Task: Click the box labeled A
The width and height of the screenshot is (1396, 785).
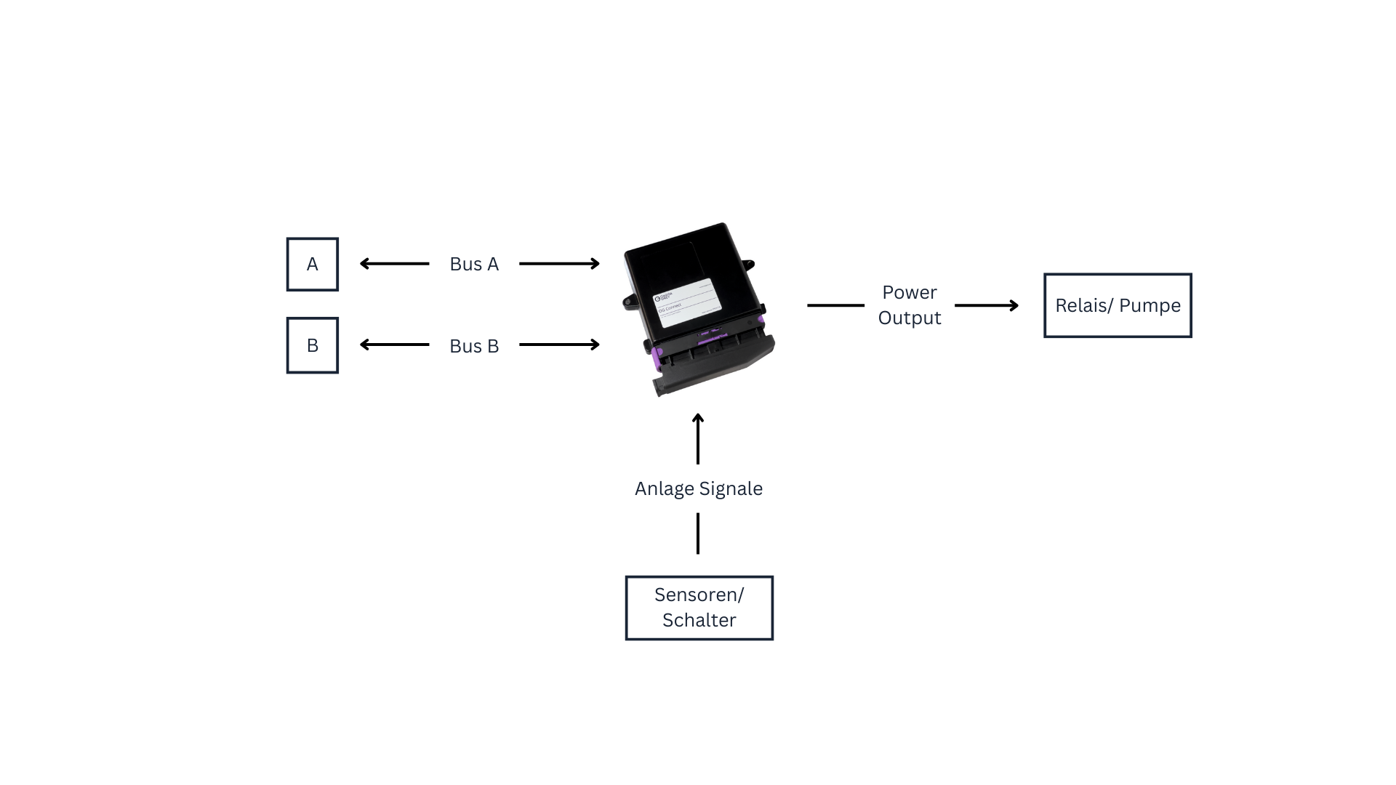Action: point(312,264)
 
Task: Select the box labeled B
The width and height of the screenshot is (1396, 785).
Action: point(312,345)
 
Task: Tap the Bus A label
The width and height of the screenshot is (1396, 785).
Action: point(474,264)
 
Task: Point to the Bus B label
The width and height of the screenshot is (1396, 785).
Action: point(474,346)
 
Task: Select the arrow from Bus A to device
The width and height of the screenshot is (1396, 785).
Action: point(559,264)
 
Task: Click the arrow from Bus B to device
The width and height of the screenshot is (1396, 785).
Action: point(559,345)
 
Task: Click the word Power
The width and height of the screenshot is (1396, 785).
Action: point(909,292)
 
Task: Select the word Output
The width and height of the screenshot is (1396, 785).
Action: point(909,318)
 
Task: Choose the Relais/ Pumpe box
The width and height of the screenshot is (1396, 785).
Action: point(1118,305)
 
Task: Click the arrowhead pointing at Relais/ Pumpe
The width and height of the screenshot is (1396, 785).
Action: point(1014,305)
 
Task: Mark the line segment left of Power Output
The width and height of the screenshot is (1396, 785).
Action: point(835,305)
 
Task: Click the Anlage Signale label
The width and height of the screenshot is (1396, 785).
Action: point(698,488)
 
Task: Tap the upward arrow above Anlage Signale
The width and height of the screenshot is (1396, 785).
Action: point(698,438)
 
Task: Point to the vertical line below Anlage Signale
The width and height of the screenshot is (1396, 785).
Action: point(698,533)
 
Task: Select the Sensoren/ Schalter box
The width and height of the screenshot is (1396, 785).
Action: point(699,608)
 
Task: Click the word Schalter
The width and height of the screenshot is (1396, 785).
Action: point(699,620)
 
